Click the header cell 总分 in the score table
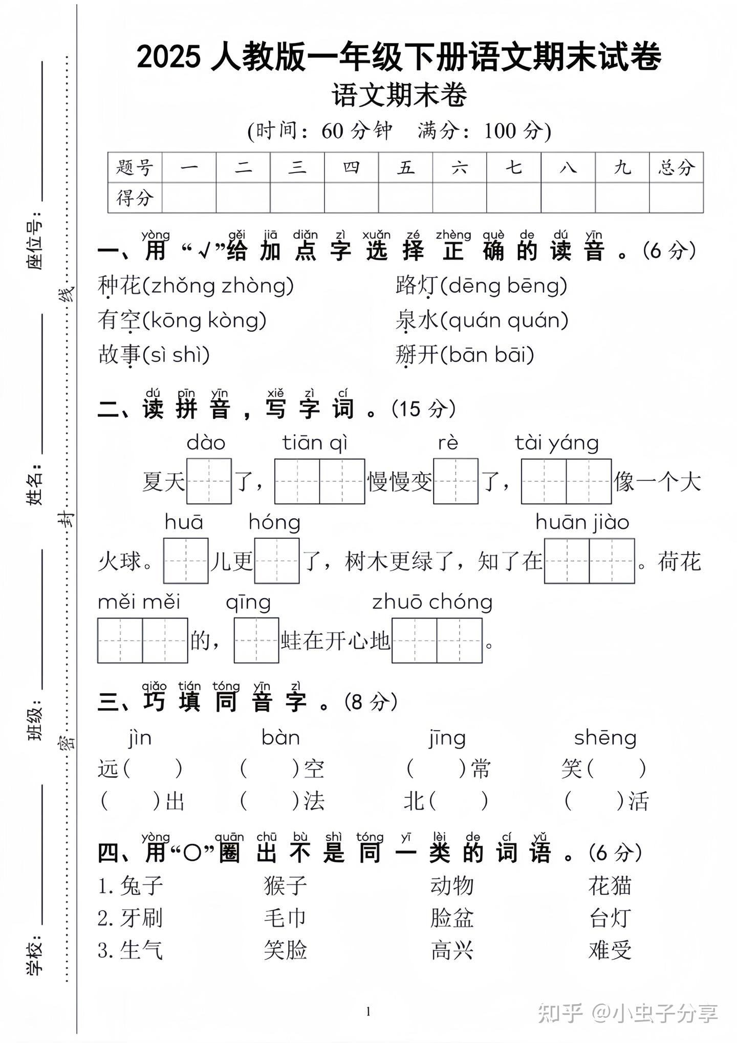(676, 167)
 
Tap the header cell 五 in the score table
(405, 167)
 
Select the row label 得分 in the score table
(135, 198)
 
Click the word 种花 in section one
(119, 285)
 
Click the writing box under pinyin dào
(209, 481)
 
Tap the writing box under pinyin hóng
(277, 561)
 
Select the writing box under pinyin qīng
(256, 641)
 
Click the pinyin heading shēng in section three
(605, 738)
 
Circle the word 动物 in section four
(452, 885)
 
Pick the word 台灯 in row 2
(610, 918)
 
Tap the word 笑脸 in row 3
(286, 950)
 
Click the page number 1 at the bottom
(368, 1011)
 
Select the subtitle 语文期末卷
(399, 95)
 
